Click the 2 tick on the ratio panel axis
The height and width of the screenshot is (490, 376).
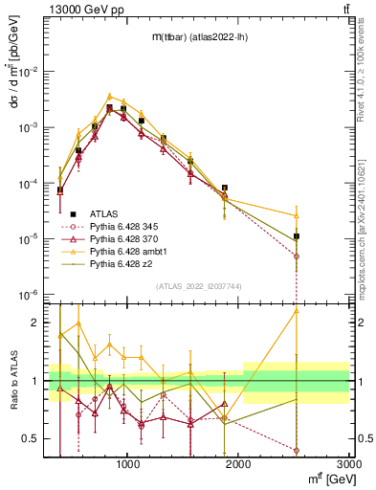(x=39, y=323)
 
